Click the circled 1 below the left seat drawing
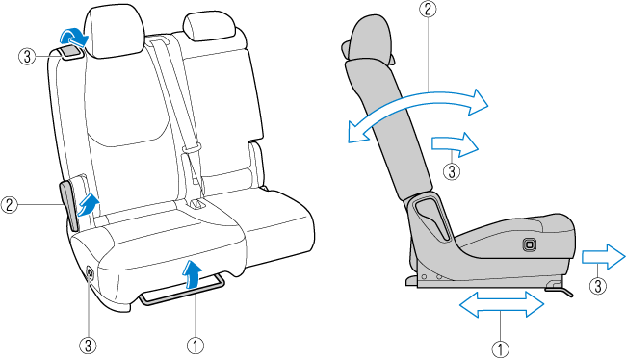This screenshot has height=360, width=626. pos(196,346)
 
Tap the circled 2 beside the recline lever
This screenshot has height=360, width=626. pos(10,205)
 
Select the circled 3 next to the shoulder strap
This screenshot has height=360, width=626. pos(27,56)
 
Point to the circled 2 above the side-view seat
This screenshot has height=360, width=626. pos(428,9)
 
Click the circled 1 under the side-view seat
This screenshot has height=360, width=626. pos(500,349)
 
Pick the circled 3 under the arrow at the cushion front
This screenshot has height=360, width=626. pos(598,286)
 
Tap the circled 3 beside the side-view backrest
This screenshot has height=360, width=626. pos(452,171)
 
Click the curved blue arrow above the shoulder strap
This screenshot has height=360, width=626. pos(74,38)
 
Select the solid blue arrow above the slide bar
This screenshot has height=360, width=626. pos(192,273)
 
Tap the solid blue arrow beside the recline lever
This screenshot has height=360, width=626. pos(88,205)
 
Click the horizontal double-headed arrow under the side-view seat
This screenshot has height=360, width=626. pos(502,304)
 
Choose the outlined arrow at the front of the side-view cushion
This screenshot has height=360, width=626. pos(603,256)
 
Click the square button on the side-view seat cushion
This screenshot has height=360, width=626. pos(529,244)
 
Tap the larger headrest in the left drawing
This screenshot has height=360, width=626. pos(115,31)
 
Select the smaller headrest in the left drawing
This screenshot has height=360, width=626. pos(209,26)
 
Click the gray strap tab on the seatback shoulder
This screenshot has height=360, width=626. pos(70,52)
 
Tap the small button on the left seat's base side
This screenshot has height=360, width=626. pos(90,272)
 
